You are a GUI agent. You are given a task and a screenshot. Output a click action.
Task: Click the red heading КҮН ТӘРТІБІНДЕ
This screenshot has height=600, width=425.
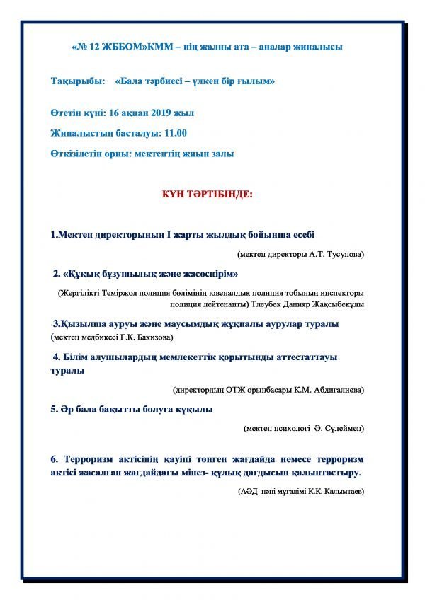tap(212, 193)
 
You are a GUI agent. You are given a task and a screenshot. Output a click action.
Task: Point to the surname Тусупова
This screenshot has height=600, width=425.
tap(345, 253)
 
